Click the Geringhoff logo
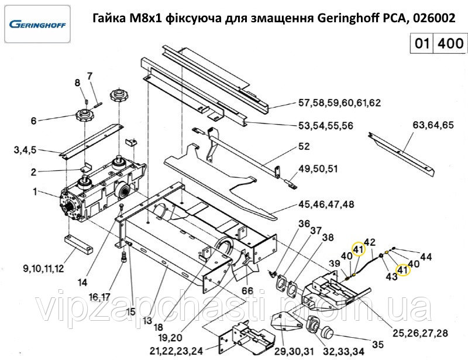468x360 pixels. [37, 24]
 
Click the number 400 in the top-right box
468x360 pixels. [450, 43]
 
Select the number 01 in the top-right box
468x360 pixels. [422, 43]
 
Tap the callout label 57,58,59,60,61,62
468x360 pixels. [340, 103]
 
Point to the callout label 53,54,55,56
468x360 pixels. [326, 125]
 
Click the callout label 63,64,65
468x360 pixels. [433, 125]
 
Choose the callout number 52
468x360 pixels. [304, 146]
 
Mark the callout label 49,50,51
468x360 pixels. [318, 169]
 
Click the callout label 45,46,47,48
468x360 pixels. [326, 205]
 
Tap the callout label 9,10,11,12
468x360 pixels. [43, 269]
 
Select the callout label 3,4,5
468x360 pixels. [25, 150]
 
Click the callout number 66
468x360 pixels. [247, 291]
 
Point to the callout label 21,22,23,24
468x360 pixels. [176, 351]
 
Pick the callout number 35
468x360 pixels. [377, 344]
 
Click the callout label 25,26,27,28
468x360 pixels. [420, 333]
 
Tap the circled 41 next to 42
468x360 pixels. [359, 249]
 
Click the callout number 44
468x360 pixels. [426, 256]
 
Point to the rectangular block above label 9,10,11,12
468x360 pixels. [78, 244]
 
